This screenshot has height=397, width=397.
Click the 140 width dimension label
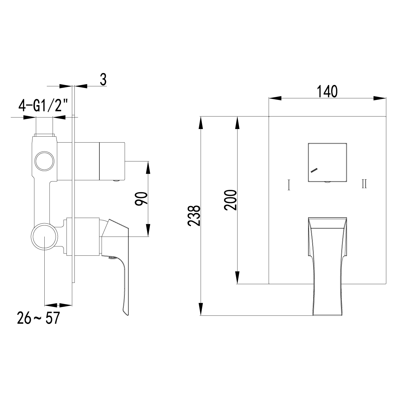pyautogui.click(x=327, y=92)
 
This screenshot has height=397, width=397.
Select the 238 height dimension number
pyautogui.click(x=194, y=216)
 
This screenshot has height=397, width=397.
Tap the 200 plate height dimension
pyautogui.click(x=230, y=200)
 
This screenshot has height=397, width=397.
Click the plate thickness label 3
pyautogui.click(x=103, y=80)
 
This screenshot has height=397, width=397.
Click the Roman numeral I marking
pyautogui.click(x=289, y=185)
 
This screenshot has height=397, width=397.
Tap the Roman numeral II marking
pyautogui.click(x=364, y=184)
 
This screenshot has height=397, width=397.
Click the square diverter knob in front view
pyautogui.click(x=327, y=162)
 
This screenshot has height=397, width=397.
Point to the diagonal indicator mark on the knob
pyautogui.click(x=314, y=170)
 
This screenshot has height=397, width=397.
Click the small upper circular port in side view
pyautogui.click(x=44, y=161)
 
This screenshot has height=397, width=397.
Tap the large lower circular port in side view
pyautogui.click(x=44, y=237)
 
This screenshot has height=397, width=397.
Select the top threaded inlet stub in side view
pyautogui.click(x=44, y=126)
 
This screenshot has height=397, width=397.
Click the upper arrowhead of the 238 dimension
pyautogui.click(x=200, y=122)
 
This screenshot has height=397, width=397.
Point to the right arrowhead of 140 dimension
pyautogui.click(x=380, y=98)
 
